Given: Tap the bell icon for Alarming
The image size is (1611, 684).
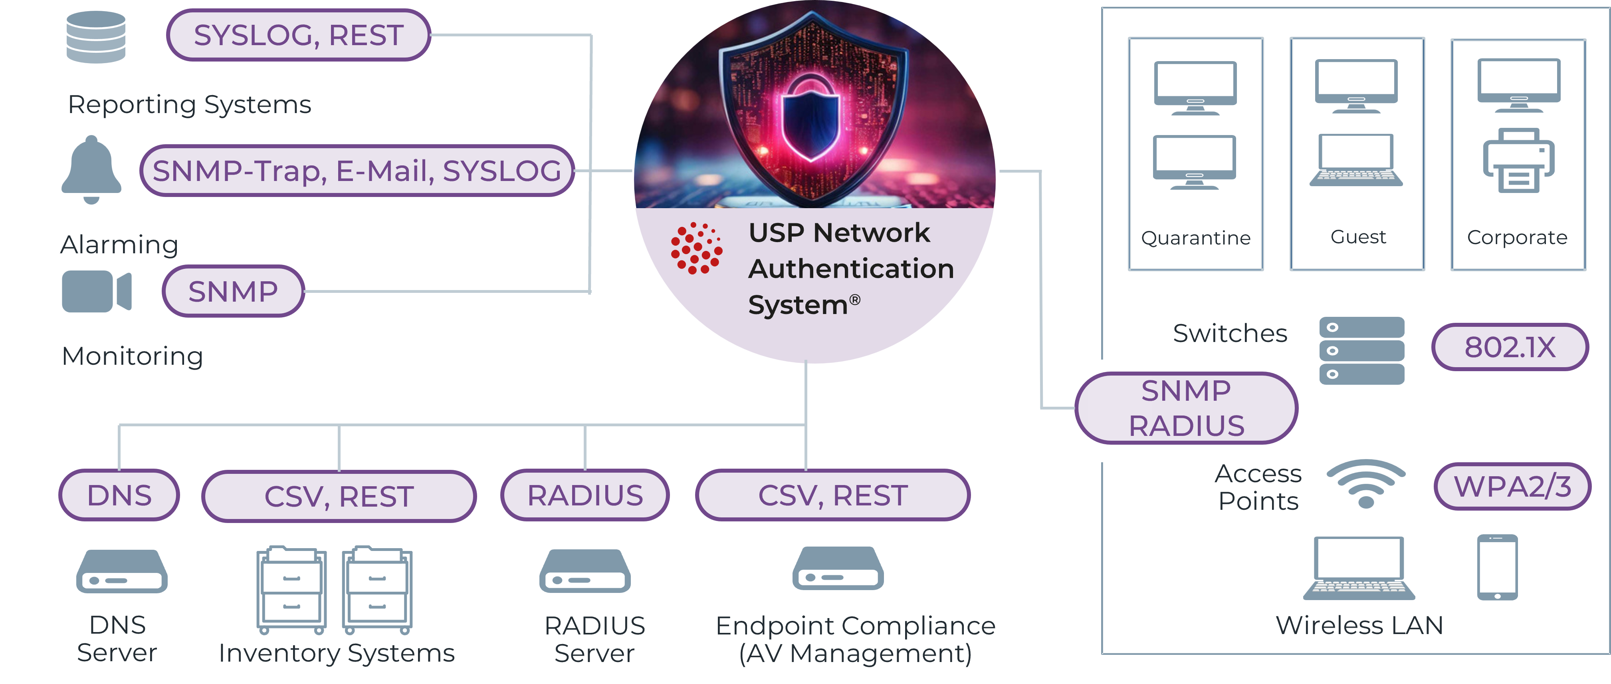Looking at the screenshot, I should click(91, 169).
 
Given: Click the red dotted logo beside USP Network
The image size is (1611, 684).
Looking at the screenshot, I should click(696, 249).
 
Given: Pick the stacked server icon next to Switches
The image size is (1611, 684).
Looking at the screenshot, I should click(1361, 350).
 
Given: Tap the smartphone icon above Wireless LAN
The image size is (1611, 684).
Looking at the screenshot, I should click(1497, 567).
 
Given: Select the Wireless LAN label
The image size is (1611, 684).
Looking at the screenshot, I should click(1359, 625).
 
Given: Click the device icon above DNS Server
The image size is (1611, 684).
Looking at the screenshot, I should click(121, 571).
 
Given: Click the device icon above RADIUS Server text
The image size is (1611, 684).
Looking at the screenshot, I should click(585, 571).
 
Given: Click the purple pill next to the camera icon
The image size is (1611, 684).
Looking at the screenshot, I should click(233, 291).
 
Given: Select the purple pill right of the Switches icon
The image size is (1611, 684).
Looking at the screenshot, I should click(1510, 347).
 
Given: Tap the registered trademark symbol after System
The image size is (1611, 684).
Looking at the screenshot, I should click(854, 300).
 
